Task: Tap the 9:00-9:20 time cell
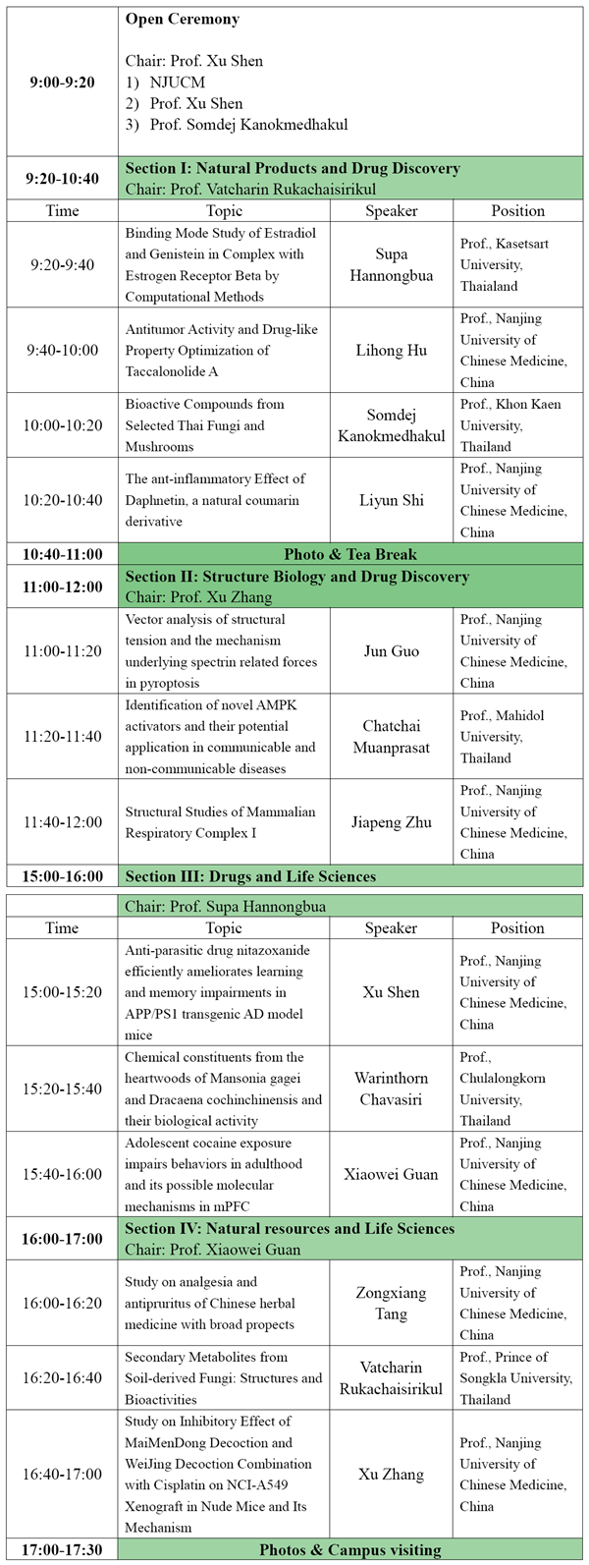click(x=62, y=82)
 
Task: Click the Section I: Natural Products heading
click(x=292, y=168)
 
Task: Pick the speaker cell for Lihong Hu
click(x=392, y=350)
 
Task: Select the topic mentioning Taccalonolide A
click(x=224, y=350)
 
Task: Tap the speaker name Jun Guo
click(x=391, y=650)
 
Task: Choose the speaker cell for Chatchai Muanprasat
click(x=392, y=736)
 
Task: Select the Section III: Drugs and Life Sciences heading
click(x=250, y=875)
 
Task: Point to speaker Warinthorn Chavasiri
click(x=392, y=1088)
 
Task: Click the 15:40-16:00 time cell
click(x=62, y=1174)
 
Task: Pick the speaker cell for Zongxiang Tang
click(x=392, y=1303)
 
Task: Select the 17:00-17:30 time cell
click(x=62, y=1550)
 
